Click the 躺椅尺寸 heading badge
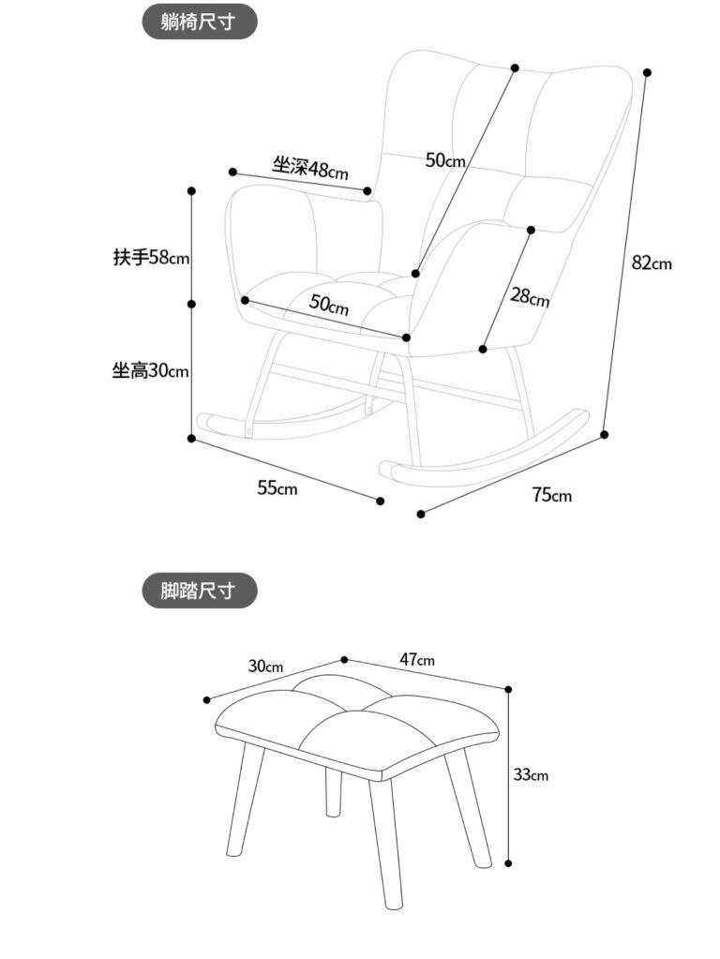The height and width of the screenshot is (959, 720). click(199, 22)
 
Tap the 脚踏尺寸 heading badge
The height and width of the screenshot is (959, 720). click(199, 591)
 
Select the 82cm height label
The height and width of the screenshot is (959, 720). click(651, 263)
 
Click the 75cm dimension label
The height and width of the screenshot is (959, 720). click(551, 495)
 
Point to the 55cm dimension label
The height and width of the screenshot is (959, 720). click(277, 488)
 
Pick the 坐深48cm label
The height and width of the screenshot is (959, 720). click(309, 169)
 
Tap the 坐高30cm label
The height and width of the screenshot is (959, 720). click(150, 371)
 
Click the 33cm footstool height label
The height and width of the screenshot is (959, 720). click(530, 774)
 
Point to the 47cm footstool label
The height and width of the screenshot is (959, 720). click(417, 660)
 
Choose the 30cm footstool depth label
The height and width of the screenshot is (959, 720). click(265, 667)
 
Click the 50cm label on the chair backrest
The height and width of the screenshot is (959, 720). click(445, 160)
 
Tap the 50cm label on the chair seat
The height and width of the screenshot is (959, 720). click(329, 305)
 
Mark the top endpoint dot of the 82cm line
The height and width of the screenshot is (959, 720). click(647, 72)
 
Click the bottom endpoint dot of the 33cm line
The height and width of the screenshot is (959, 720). click(509, 863)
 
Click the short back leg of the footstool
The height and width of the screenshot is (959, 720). click(332, 792)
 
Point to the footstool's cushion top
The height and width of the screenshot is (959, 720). click(356, 722)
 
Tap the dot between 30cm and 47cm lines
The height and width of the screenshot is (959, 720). click(344, 660)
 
